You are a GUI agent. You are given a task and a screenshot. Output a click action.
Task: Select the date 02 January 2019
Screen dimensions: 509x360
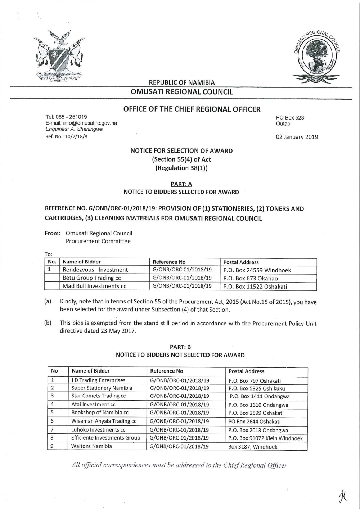(x=297, y=137)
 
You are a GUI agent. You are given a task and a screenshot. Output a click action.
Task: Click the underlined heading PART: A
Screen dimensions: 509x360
(x=181, y=184)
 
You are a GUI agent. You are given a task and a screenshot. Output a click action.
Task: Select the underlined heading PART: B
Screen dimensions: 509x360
(x=180, y=347)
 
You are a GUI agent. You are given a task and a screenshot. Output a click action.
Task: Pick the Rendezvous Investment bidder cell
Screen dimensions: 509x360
(x=95, y=270)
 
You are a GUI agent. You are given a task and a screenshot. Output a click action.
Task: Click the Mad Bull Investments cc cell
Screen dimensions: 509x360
(x=94, y=286)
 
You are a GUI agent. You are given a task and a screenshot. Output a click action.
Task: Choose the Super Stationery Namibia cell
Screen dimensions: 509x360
(x=102, y=388)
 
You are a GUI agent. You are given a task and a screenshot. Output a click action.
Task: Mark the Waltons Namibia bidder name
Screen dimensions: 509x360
(x=91, y=446)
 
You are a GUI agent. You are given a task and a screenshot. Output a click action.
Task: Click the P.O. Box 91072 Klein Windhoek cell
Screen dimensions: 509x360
(x=265, y=438)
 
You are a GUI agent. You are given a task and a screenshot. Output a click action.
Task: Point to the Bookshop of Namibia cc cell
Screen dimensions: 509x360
(x=100, y=413)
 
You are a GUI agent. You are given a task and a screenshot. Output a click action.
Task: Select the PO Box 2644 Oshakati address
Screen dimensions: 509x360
(x=254, y=422)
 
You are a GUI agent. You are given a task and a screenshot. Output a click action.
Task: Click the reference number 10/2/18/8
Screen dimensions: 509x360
(x=75, y=137)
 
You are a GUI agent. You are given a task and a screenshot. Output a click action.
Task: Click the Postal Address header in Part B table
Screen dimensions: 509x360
(x=246, y=371)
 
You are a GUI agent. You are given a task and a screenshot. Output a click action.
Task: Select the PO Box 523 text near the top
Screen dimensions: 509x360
(x=290, y=118)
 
